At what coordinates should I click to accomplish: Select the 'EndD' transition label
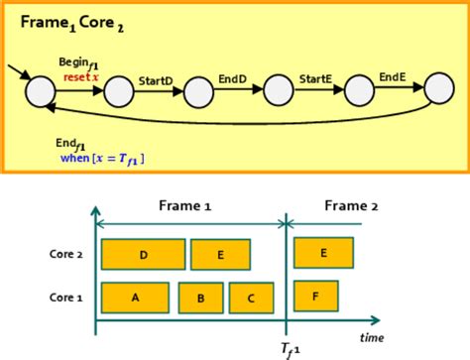click(x=232, y=76)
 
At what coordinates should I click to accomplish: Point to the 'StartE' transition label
click(x=315, y=76)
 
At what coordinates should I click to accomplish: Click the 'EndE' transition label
click(x=392, y=76)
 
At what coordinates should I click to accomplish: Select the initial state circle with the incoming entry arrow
click(x=41, y=93)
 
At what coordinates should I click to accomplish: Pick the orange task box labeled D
click(x=143, y=255)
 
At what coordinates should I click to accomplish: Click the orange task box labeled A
click(x=135, y=297)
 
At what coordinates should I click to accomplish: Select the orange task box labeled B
click(x=200, y=298)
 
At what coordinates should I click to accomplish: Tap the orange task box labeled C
click(x=252, y=298)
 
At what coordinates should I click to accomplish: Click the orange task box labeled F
click(x=316, y=296)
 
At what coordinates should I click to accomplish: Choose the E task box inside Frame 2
click(x=323, y=254)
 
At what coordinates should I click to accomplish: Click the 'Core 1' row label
click(x=65, y=297)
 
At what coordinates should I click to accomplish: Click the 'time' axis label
click(x=371, y=337)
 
